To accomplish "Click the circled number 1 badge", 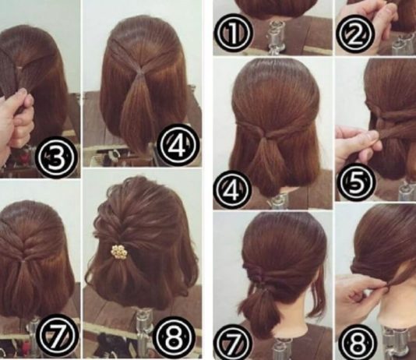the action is (233, 34).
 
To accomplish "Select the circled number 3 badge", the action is (55, 157).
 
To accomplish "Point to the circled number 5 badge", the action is (356, 183).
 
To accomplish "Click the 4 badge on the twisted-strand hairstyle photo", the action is (232, 188).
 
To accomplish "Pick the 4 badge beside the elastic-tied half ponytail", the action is (178, 145).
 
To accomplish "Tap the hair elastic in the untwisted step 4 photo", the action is (139, 70).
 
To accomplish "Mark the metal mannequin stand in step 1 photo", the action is (275, 37).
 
